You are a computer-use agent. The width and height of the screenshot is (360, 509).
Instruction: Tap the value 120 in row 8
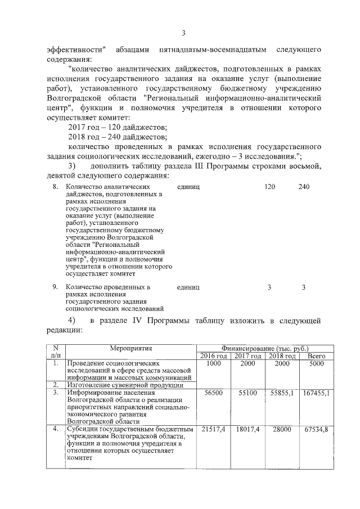[269, 187]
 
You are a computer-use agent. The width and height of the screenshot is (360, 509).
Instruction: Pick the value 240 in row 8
[304, 187]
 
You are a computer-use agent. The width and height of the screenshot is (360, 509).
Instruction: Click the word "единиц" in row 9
[188, 287]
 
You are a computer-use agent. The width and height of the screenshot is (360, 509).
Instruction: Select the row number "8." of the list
[56, 187]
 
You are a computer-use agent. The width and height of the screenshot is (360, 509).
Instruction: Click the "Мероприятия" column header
[131, 349]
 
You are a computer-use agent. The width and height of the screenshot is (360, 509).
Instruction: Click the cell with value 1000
[214, 364]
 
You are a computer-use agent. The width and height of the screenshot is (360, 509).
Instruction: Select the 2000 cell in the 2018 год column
[282, 364]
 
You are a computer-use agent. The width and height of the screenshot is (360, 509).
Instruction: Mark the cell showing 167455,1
[316, 393]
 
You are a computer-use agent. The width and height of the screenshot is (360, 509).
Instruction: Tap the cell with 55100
[248, 393]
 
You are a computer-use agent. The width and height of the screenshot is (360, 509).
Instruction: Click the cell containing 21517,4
[214, 430]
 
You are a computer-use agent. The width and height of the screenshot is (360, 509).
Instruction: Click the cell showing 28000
[282, 430]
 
